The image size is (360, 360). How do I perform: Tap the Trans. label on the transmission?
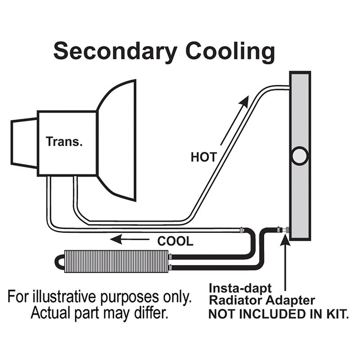(x=64, y=142)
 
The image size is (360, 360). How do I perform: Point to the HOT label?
(x=203, y=157)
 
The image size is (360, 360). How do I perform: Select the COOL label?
(x=175, y=241)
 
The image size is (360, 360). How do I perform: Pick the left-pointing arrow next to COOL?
(x=130, y=239)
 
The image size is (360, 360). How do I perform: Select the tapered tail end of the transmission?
(x=24, y=142)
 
